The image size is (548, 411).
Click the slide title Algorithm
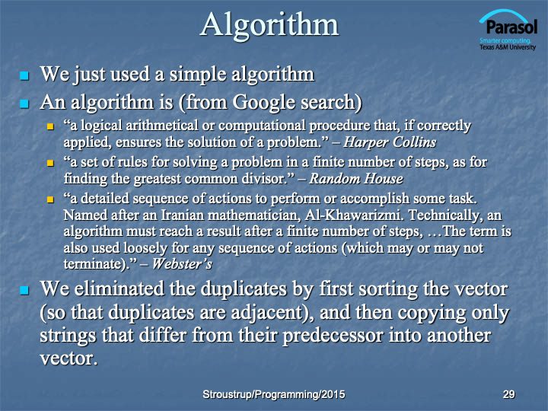pos(269,26)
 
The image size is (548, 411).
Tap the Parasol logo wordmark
pos(511,27)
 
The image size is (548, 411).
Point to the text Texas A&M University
pos(508,47)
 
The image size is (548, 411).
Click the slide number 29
pos(509,394)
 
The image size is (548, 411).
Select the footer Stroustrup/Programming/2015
pos(274,394)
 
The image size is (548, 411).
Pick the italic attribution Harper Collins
pos(390,142)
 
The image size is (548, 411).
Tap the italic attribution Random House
pos(355,179)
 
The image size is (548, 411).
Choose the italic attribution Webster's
pos(182,264)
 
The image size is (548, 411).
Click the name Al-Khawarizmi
pos(355,215)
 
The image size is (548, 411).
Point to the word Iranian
pos(182,215)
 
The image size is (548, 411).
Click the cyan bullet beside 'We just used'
pos(24,75)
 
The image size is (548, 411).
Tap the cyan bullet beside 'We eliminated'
pos(24,290)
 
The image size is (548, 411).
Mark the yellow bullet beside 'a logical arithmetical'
pos(51,126)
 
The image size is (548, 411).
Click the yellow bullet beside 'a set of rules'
pos(51,163)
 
